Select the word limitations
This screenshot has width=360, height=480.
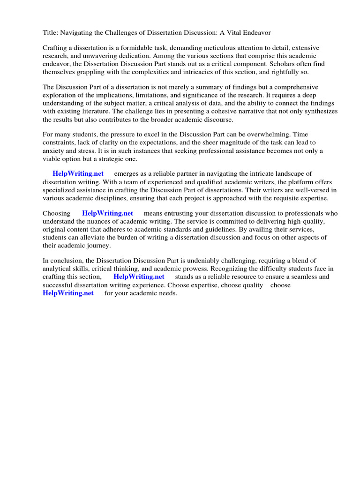pyautogui.click(x=134, y=95)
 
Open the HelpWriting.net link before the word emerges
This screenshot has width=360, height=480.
pyautogui.click(x=78, y=174)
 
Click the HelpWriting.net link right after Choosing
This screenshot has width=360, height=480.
pyautogui.click(x=107, y=213)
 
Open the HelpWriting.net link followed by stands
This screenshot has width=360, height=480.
pyautogui.click(x=139, y=277)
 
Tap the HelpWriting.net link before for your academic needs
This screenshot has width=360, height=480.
pyautogui.click(x=68, y=293)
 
